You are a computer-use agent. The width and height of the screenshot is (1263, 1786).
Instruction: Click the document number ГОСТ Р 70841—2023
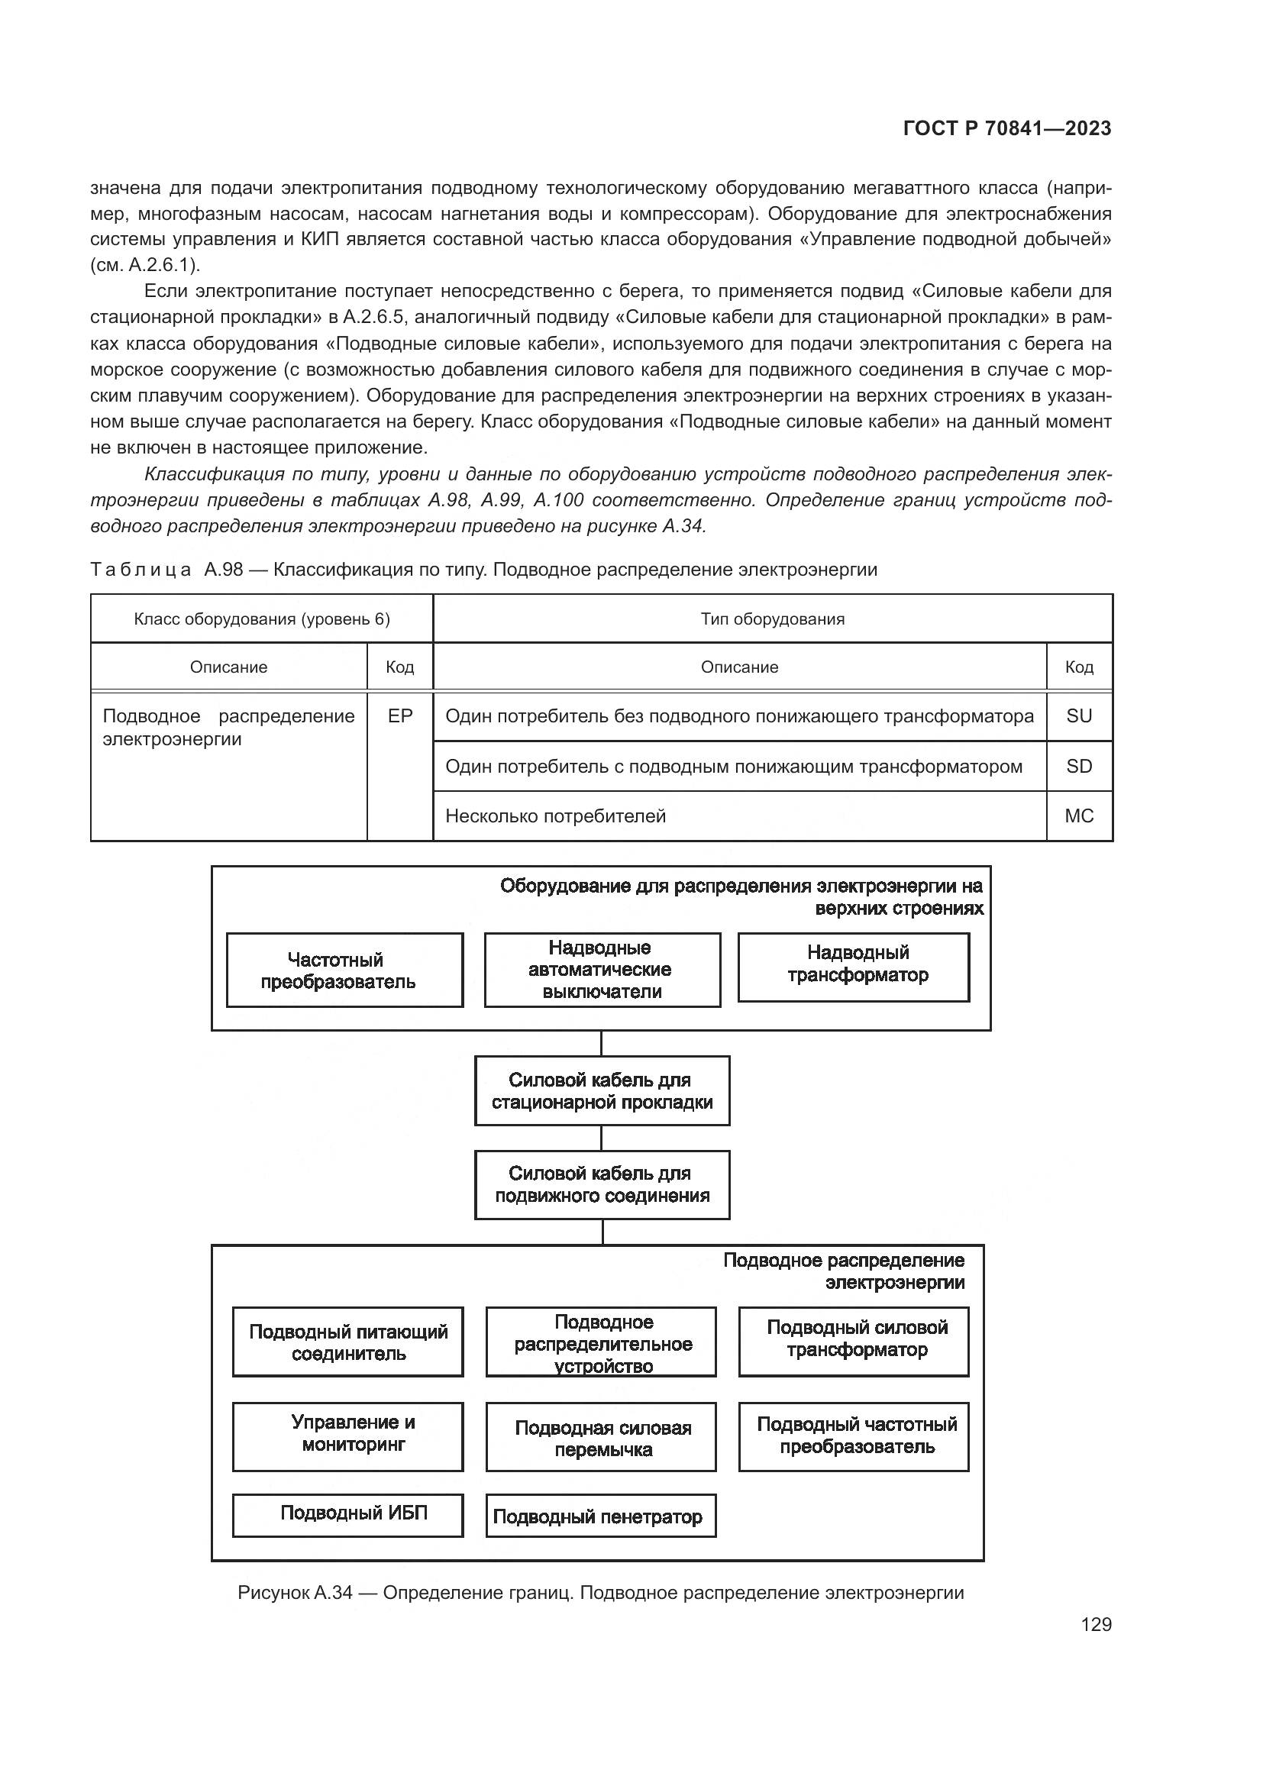1007,129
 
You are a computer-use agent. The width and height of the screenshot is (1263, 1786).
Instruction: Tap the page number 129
1096,1624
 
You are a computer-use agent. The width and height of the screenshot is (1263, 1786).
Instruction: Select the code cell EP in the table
399,716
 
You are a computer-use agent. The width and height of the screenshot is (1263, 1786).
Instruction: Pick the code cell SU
1079,716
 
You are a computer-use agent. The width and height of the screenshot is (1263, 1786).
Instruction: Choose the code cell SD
1079,767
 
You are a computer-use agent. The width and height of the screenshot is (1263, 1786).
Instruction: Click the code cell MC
1079,816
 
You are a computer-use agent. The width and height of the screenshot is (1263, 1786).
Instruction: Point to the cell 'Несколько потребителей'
555,816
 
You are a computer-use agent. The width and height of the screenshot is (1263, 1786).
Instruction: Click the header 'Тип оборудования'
771,619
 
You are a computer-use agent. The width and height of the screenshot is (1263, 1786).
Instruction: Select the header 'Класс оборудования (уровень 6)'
261,619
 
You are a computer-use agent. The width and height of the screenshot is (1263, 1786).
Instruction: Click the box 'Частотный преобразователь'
344,971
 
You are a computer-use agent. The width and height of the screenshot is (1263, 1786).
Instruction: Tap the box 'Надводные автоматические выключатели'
602,970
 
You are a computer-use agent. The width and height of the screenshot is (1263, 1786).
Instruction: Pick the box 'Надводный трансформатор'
854,967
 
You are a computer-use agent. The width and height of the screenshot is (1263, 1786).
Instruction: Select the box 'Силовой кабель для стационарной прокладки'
602,1090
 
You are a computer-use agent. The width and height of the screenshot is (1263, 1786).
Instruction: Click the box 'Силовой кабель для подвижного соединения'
602,1185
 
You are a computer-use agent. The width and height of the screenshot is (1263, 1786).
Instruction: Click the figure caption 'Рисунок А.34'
599,1592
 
